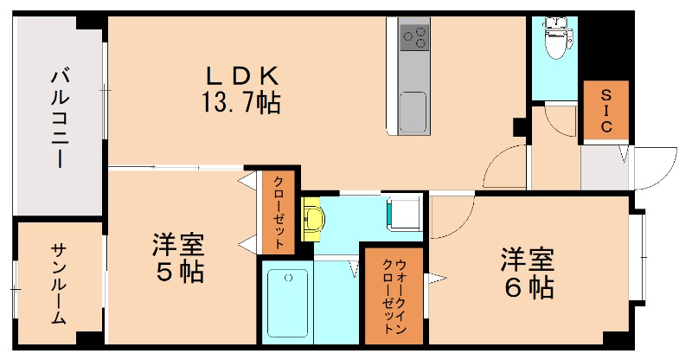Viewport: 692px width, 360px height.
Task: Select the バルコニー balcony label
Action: pos(60,117)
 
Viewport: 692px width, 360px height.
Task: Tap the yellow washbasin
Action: pos(312,219)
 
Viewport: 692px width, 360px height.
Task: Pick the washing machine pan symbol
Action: pos(403,213)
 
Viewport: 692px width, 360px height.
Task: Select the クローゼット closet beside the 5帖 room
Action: pos(279,213)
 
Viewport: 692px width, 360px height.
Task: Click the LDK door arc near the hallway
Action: pos(505,164)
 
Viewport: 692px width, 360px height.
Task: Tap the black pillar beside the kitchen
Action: pos(519,126)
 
